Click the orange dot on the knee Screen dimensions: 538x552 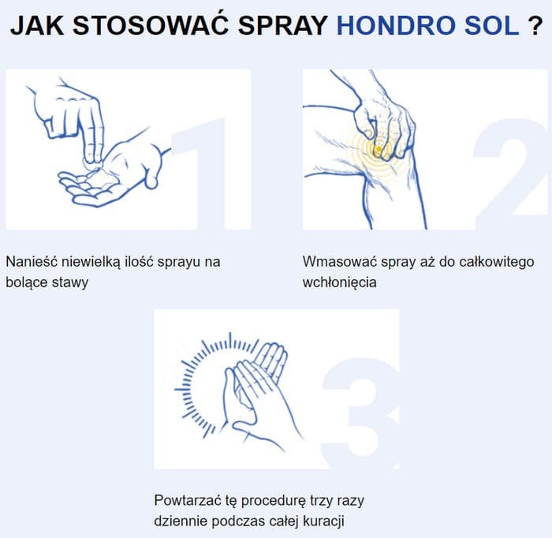(x=379, y=149)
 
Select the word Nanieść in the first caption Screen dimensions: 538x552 (x=32, y=262)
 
